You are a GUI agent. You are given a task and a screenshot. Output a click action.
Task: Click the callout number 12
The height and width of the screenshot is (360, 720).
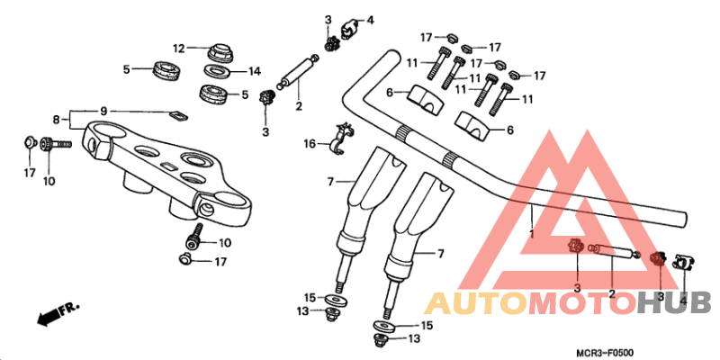178,48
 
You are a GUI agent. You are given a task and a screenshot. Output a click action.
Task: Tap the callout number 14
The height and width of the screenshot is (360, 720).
255,71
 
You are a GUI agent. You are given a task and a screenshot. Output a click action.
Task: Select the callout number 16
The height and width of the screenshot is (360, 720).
310,145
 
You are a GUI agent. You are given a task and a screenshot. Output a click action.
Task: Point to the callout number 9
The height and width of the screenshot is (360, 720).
103,111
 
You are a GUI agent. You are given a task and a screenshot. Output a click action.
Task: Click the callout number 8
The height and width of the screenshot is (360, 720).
56,120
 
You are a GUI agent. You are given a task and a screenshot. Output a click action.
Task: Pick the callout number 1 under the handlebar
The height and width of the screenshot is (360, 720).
531,234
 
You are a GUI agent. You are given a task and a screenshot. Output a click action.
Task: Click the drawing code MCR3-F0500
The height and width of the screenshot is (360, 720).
605,353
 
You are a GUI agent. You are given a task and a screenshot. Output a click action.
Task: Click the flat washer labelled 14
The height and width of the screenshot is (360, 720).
218,71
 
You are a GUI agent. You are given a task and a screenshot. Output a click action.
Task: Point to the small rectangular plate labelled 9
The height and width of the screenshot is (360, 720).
179,115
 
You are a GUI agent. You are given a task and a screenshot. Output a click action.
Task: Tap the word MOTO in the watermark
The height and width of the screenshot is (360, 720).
583,303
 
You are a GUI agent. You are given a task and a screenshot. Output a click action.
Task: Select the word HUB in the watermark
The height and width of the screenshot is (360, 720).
674,303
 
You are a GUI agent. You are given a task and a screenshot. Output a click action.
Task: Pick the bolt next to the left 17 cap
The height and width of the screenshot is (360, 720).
56,144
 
